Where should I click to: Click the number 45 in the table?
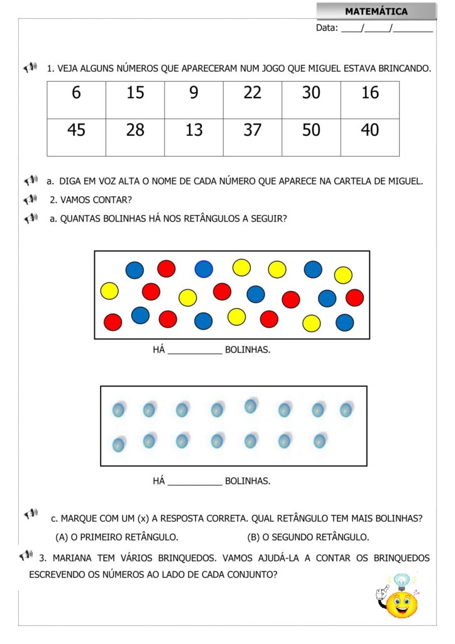(76, 130)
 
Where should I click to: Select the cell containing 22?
(252, 93)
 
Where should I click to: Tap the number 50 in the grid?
(311, 130)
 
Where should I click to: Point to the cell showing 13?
(194, 130)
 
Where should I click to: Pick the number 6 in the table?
(76, 93)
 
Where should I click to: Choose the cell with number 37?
(252, 130)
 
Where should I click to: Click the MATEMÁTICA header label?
(376, 11)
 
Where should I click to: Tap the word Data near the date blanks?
(326, 28)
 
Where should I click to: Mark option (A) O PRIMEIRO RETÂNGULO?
(117, 537)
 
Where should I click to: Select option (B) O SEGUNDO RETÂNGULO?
(308, 537)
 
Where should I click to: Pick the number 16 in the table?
(370, 93)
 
